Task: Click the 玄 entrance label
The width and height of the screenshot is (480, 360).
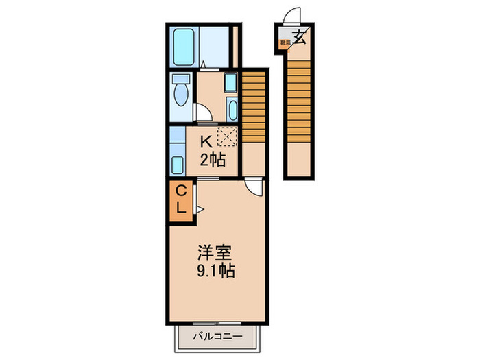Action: coord(300,36)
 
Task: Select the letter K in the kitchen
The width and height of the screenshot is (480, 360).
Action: coord(205,143)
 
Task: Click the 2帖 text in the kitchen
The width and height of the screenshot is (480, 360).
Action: coord(211,162)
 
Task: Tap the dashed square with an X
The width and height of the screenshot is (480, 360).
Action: coord(227,136)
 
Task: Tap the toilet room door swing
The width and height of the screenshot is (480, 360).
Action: coord(204,113)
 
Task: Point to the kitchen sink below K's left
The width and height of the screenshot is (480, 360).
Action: coord(177,165)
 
